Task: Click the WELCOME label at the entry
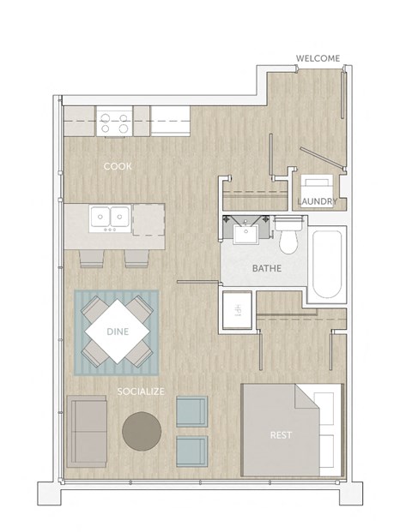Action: pos(318,58)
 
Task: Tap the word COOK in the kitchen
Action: pos(118,166)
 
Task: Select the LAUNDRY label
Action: pos(317,202)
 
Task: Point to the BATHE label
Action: pos(266,269)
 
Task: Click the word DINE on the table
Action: pos(118,332)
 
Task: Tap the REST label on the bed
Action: pos(280,435)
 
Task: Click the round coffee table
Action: pos(141,431)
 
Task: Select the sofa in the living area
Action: pos(86,431)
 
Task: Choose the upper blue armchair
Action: pos(191,412)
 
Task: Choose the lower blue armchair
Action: pos(191,451)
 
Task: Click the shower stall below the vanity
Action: pos(237,308)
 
